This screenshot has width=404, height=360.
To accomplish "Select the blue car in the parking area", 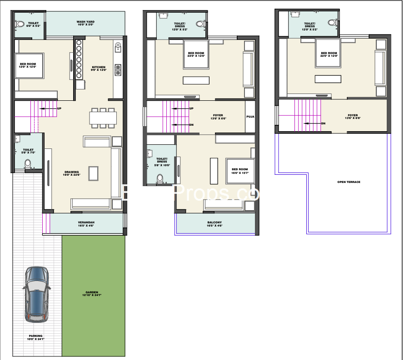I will (37, 294).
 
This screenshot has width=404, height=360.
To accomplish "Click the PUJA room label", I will (250, 117).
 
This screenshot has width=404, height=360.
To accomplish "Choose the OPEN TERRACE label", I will (349, 182).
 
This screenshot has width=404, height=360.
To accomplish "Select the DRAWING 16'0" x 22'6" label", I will (72, 174).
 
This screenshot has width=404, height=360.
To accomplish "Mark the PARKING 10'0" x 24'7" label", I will (35, 338).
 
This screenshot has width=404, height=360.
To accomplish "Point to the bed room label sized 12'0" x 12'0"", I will (27, 65).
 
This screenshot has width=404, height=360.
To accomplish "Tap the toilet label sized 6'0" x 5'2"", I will (33, 25).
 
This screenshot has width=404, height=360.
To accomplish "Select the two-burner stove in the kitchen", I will (118, 69).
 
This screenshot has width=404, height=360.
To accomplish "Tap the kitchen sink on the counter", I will (118, 45).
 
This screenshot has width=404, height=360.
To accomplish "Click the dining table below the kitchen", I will (103, 118).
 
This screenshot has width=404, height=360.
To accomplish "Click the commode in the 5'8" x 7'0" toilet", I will (27, 163).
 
